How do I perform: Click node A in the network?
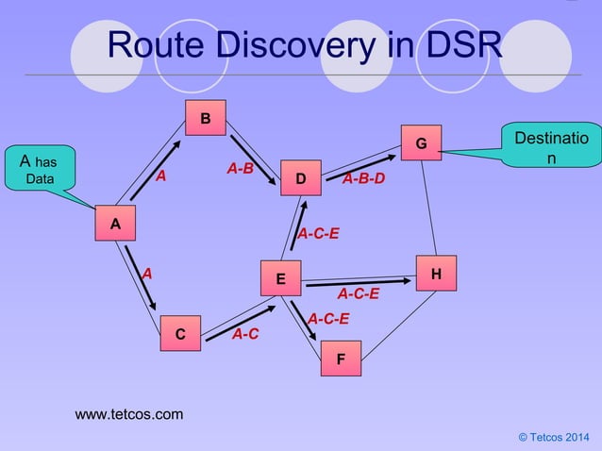pyautogui.click(x=115, y=225)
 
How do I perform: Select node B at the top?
pyautogui.click(x=205, y=118)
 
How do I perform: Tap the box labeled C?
pyautogui.click(x=179, y=334)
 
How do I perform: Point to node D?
pyautogui.click(x=300, y=177)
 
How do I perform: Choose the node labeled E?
pyautogui.click(x=280, y=279)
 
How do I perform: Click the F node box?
pyautogui.click(x=340, y=359)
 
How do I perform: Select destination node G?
pyautogui.click(x=420, y=143)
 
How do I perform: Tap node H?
pyautogui.click(x=435, y=274)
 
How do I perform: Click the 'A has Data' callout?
pyautogui.click(x=39, y=170)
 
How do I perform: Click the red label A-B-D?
pyautogui.click(x=363, y=178)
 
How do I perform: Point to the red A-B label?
pyautogui.click(x=240, y=168)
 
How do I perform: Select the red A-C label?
pyautogui.click(x=245, y=334)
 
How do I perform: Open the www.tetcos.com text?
pyautogui.click(x=129, y=414)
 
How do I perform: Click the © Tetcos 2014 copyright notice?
pyautogui.click(x=553, y=438)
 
